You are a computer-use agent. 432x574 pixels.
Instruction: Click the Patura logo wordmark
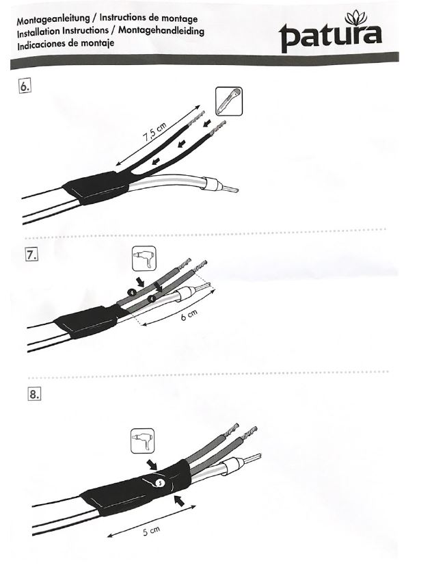(x=330, y=37)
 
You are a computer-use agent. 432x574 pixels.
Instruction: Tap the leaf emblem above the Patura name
(x=356, y=18)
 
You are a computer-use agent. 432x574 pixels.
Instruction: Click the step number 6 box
(x=25, y=86)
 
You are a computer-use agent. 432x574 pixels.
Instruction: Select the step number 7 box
(x=31, y=254)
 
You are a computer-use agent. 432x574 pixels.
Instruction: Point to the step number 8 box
(x=34, y=394)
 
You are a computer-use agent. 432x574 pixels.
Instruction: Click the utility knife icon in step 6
(x=229, y=101)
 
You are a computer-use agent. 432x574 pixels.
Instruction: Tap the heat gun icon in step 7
(x=144, y=259)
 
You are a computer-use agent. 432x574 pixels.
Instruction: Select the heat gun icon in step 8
(x=142, y=441)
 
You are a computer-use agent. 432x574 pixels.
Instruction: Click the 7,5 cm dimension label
(x=154, y=132)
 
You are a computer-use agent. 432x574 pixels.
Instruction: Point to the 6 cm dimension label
(x=189, y=315)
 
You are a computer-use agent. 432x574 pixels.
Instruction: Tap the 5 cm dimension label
(x=151, y=531)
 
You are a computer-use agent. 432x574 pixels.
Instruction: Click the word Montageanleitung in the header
(x=53, y=19)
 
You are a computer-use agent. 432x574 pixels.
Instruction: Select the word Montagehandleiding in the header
(x=161, y=30)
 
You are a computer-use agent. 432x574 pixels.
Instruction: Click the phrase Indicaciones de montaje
(x=66, y=44)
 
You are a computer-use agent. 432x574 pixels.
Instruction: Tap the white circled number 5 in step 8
(x=159, y=483)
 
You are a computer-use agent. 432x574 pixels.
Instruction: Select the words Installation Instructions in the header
(x=63, y=32)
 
